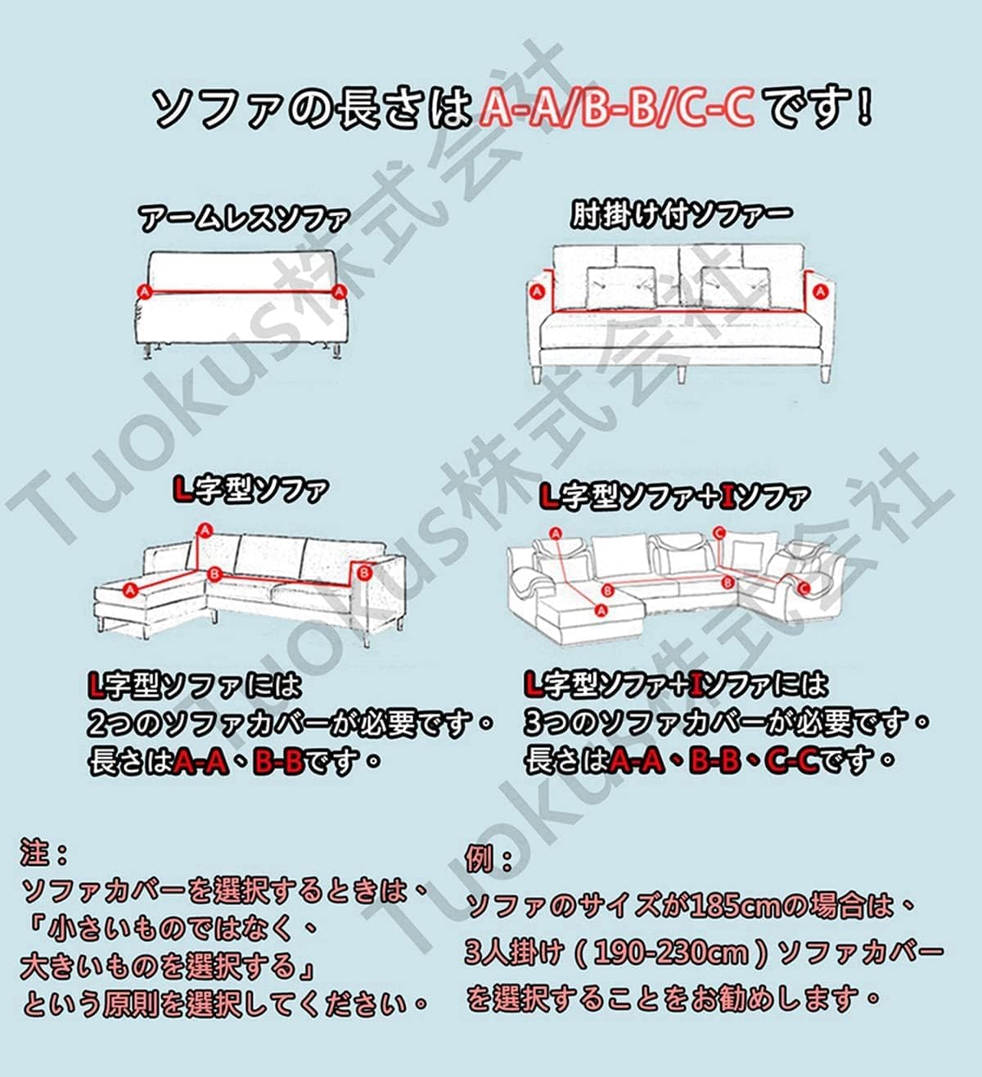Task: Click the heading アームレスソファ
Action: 244,219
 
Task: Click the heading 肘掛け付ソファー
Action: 681,215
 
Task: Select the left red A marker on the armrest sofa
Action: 538,291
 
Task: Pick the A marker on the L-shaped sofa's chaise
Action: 129,588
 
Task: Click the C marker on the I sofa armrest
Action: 803,588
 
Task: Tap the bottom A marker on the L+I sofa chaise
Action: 601,609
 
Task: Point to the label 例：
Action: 489,859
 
